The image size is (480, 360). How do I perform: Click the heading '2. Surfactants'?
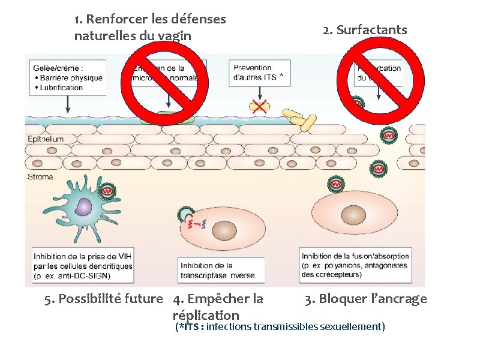click(364, 30)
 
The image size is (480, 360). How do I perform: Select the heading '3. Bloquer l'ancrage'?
click(365, 299)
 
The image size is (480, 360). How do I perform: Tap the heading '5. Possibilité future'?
click(104, 299)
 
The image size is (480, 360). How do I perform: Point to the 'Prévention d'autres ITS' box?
click(259, 73)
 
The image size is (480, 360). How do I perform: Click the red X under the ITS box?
click(260, 107)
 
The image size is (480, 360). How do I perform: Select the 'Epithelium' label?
click(46, 139)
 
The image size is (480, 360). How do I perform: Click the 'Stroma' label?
click(40, 176)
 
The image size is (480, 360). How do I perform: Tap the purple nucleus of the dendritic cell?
click(83, 208)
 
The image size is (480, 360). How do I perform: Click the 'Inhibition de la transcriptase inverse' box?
click(218, 270)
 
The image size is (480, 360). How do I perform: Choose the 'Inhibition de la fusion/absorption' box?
click(355, 265)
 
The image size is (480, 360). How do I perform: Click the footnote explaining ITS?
click(280, 327)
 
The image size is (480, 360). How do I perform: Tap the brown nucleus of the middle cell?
click(224, 230)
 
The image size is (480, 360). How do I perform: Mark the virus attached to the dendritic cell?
click(107, 192)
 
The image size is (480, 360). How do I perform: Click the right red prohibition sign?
click(380, 82)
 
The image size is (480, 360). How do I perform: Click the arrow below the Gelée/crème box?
click(68, 104)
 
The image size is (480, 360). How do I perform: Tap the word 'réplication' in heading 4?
click(205, 315)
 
